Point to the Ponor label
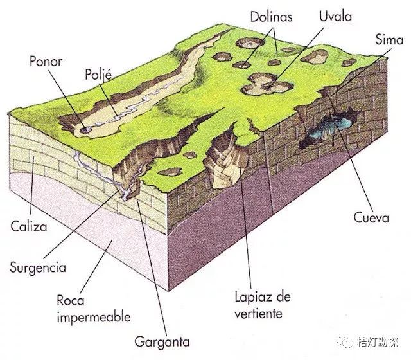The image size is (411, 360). point(47,62)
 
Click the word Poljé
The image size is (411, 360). point(99,75)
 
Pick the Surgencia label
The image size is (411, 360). point(38,266)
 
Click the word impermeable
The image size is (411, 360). point(94,317)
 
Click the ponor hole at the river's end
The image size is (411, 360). point(85,129)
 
